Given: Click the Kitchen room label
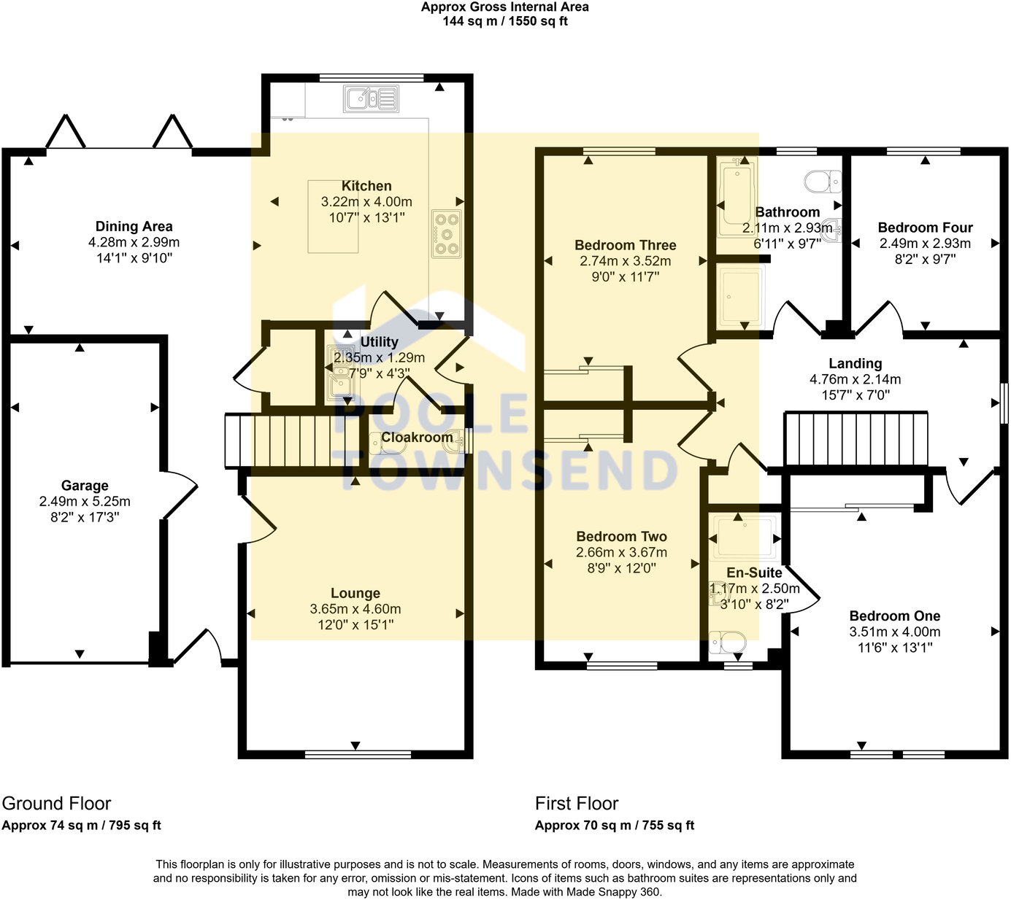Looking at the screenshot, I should tap(366, 186).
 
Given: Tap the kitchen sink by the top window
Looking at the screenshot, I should tap(372, 98).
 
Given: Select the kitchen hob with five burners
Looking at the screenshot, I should tap(447, 233).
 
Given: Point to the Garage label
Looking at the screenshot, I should tap(85, 486).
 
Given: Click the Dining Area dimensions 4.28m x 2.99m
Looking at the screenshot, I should tap(134, 242).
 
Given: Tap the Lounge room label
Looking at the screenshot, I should tap(355, 594).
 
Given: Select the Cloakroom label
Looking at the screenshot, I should tap(417, 437).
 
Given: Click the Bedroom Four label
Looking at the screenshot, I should tap(925, 228).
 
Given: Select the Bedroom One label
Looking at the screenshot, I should tap(894, 616).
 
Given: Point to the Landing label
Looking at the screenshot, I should tap(855, 363).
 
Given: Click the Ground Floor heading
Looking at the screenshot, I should tap(56, 804).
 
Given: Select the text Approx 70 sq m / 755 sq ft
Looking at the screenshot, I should tap(614, 826).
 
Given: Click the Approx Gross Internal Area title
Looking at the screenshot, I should tap(504, 7).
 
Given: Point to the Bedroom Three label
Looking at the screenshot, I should tap(625, 246).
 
